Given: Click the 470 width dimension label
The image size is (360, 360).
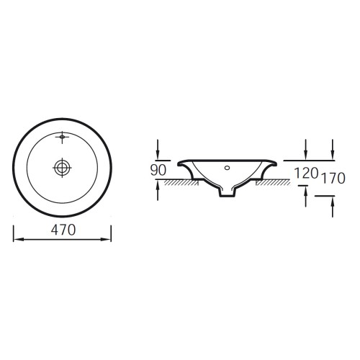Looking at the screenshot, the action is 63,230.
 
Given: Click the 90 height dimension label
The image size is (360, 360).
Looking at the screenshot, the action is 158,170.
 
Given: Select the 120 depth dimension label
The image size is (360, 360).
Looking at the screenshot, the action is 306,173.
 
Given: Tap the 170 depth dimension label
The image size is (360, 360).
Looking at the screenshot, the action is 333,178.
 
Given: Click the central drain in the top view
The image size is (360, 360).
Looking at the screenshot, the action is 62,168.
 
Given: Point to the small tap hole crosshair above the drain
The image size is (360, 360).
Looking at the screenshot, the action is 62,138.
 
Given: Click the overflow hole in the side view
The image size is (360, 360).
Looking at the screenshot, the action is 227,168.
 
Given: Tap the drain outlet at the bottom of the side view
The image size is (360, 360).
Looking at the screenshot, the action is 227,193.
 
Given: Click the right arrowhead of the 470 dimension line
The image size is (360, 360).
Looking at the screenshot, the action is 106,239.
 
